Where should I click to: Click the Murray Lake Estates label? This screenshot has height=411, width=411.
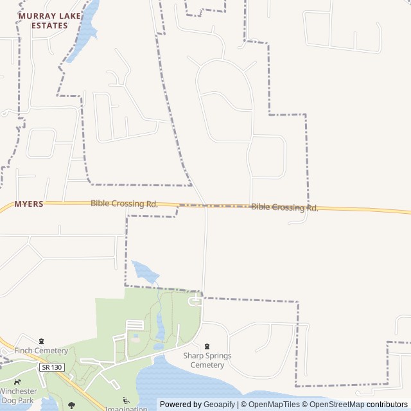(42, 21)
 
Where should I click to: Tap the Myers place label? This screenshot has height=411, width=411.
(29, 204)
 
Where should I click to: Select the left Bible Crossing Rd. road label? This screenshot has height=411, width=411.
(124, 204)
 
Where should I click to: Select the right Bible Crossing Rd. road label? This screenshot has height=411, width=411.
(284, 207)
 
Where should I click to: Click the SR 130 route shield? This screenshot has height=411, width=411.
(51, 367)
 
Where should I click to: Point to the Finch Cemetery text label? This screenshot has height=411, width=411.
(41, 351)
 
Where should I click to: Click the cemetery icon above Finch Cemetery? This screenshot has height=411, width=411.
(41, 341)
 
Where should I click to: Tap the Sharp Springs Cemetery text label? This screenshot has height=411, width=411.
(207, 360)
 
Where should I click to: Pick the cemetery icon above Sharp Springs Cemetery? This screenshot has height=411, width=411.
(207, 346)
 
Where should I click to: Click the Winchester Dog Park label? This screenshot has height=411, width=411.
(17, 396)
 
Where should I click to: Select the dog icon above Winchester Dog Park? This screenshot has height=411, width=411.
(17, 382)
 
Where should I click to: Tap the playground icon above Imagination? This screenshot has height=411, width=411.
(125, 400)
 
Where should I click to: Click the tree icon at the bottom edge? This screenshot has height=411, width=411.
(71, 405)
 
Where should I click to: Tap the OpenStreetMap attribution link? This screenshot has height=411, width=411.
(337, 405)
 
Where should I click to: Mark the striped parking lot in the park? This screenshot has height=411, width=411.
(135, 325)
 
